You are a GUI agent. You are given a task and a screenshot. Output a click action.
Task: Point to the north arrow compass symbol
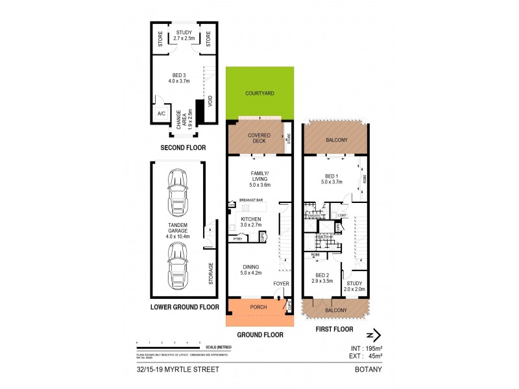click(372, 335)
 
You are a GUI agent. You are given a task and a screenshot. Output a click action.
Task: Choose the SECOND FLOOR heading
click(183, 148)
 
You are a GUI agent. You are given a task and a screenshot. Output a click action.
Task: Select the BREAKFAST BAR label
click(250, 200)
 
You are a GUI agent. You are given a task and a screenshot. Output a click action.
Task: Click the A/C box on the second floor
click(159, 114)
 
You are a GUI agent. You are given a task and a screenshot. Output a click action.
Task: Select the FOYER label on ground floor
click(280, 284)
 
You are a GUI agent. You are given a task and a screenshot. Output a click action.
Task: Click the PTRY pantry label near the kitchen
click(238, 238)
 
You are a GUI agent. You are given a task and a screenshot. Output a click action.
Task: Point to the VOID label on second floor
click(209, 102)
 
